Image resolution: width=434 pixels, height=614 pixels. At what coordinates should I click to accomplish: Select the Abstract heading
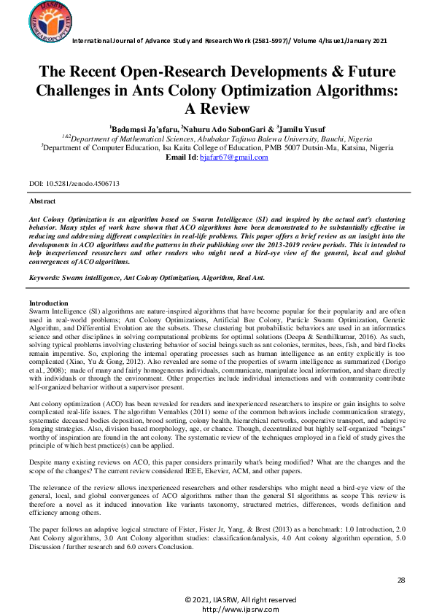click(x=42, y=201)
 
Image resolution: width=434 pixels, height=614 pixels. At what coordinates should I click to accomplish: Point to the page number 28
click(x=400, y=580)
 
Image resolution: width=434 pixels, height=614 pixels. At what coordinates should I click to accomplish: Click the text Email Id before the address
click(x=181, y=158)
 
